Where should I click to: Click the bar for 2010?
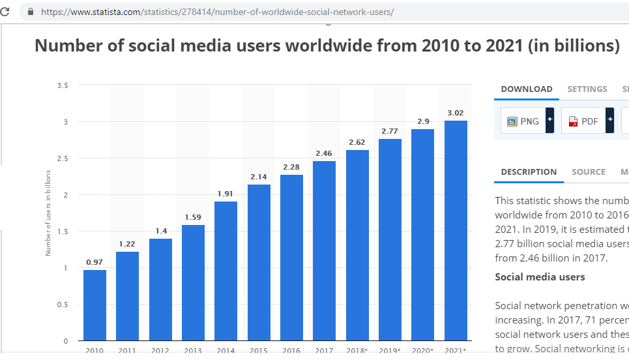pos(95,305)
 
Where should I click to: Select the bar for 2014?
pos(226,271)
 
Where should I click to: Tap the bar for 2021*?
pos(456,230)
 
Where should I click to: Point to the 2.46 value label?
pos(324,153)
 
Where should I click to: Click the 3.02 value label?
pos(456,113)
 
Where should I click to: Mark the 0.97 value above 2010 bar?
pos(95,262)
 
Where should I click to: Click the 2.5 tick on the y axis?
pos(63,158)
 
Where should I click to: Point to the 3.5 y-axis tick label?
pos(63,85)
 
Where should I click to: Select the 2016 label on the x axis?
pos(291,351)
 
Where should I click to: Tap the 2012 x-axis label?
pos(160,351)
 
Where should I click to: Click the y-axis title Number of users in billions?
pos(48,213)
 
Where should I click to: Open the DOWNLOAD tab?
pos(527,89)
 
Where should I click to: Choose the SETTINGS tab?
pos(587,89)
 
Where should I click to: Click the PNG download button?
pos(523,121)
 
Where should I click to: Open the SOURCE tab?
pos(589,172)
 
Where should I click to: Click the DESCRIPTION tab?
pos(529,172)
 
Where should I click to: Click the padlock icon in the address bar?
pos(30,12)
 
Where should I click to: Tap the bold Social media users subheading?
pos(540,277)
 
